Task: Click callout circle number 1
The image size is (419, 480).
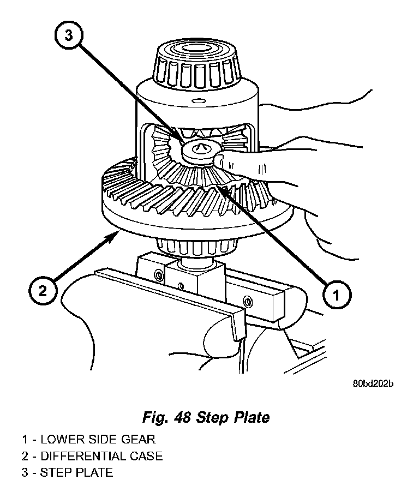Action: (337, 295)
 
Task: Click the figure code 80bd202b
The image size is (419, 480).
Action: (373, 383)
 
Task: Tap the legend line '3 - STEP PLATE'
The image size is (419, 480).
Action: (67, 472)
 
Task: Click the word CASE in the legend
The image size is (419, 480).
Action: (147, 455)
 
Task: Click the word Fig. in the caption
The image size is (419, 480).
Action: (156, 418)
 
